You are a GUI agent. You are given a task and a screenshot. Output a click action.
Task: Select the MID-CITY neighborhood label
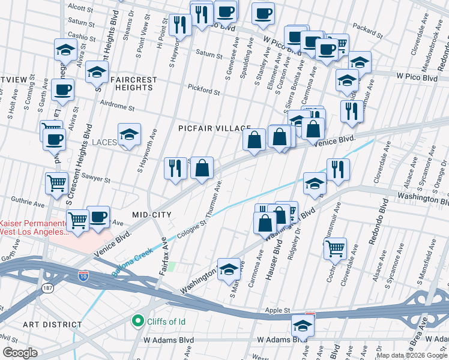(152, 214)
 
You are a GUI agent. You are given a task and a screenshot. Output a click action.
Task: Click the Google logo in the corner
(20, 353)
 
